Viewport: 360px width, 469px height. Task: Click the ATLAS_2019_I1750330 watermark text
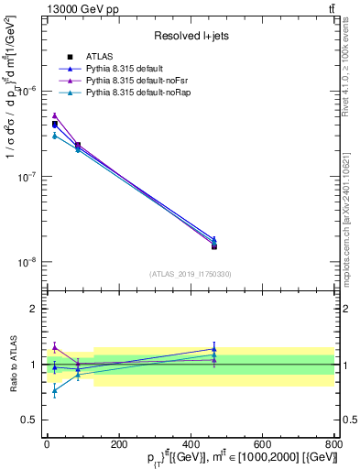tap(191, 274)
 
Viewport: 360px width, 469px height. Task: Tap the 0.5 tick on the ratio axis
tap(32, 420)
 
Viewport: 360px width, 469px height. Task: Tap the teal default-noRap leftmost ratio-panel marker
tap(54, 390)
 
